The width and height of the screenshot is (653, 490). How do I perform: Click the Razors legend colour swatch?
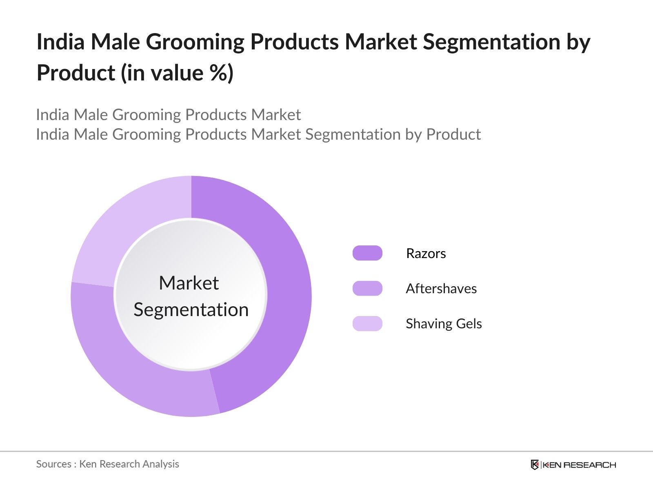point(367,253)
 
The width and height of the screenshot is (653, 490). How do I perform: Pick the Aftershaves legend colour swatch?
point(367,288)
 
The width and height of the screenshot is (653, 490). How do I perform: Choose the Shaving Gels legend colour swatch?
point(367,323)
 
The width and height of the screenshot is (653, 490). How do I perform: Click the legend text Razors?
point(426,254)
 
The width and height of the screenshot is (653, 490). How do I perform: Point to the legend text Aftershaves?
point(441,288)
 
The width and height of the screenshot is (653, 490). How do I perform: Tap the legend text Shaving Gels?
point(444,324)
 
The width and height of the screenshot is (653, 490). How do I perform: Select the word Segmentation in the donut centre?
point(191,310)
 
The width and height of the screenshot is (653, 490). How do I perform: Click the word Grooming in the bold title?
point(195,42)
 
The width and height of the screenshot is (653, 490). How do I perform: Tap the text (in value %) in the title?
point(177,73)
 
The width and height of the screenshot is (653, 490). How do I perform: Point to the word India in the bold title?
point(61,42)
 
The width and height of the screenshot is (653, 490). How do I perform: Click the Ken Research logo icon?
point(535,465)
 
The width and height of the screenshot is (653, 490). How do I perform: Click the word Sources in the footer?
point(53,464)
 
